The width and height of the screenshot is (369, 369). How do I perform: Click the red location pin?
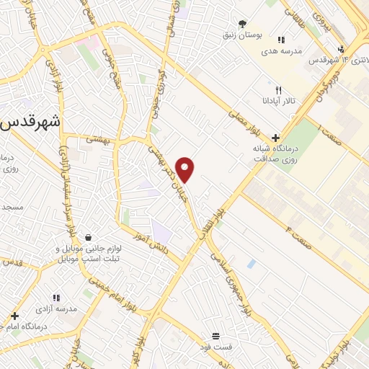click(x=185, y=169)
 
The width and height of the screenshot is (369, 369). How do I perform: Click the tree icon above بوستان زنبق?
click(x=242, y=25)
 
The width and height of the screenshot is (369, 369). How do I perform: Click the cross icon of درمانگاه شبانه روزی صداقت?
click(x=275, y=138)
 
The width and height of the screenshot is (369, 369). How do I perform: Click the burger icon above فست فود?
click(x=215, y=337)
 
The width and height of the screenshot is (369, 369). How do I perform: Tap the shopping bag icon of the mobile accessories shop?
click(x=88, y=237)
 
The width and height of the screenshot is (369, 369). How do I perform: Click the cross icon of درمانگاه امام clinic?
click(x=14, y=316)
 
